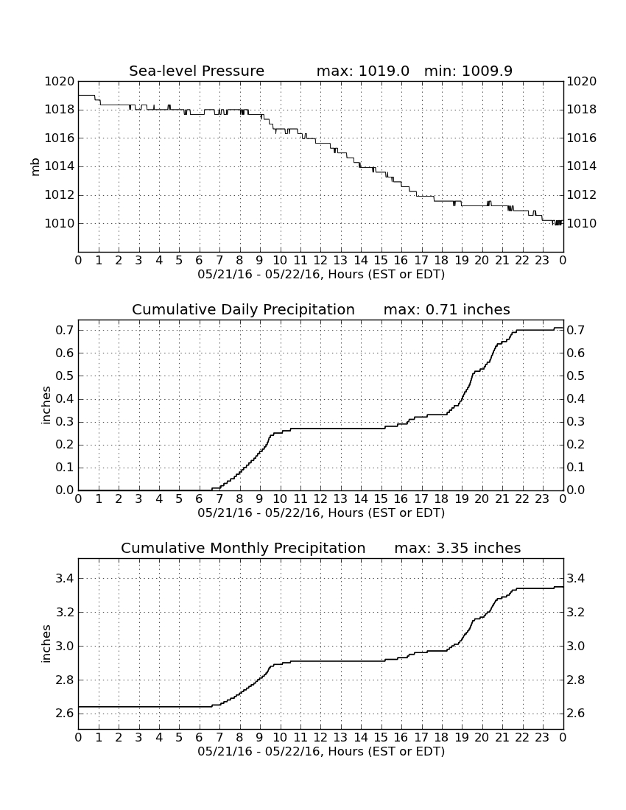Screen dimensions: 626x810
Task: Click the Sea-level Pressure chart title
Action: [197, 71]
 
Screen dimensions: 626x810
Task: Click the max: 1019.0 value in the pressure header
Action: [362, 71]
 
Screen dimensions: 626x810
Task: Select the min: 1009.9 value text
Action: [468, 71]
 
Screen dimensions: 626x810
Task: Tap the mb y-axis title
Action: [35, 167]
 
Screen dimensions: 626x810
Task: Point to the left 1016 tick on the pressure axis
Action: [60, 138]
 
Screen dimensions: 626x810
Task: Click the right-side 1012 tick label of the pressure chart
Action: [582, 194]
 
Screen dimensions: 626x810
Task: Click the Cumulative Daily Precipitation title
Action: [243, 309]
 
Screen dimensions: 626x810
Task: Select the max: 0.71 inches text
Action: [447, 309]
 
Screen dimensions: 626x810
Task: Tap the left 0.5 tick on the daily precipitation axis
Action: [66, 376]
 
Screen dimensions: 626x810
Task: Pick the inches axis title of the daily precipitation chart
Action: [46, 406]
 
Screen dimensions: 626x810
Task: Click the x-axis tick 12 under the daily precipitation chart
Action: [320, 499]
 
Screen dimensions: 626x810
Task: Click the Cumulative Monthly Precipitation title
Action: [243, 548]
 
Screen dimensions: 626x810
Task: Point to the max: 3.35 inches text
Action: [457, 548]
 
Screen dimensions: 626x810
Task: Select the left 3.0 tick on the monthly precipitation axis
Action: [66, 647]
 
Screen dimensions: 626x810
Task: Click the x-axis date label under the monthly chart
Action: [321, 751]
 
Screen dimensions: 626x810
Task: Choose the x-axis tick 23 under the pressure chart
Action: [542, 260]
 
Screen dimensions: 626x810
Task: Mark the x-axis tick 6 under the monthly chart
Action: [200, 737]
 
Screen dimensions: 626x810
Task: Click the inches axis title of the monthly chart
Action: [46, 644]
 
